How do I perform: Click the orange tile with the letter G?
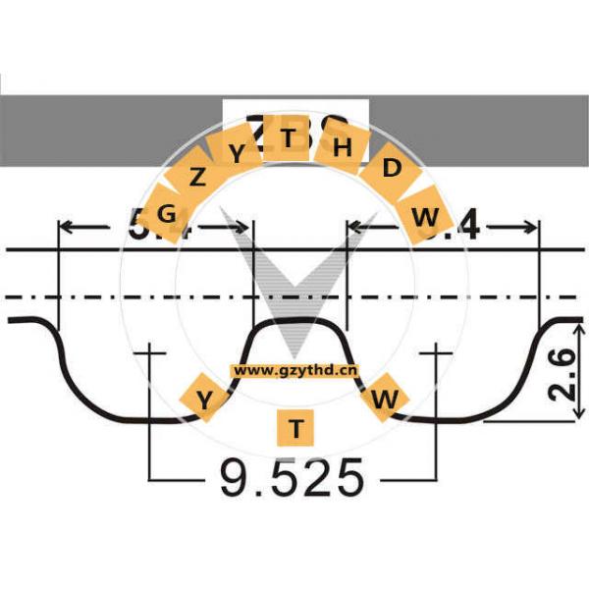point(166,213)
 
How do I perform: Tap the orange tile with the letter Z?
point(198,178)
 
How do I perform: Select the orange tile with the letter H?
point(342,148)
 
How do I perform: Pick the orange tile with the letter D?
point(392,169)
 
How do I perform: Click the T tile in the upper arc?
point(289,138)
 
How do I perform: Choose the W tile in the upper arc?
point(425,217)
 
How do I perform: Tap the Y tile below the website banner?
point(204,399)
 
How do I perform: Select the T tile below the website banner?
point(294,428)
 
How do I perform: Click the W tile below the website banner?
point(387,399)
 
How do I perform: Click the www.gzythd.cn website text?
point(295,371)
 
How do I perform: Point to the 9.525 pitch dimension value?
point(293,478)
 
